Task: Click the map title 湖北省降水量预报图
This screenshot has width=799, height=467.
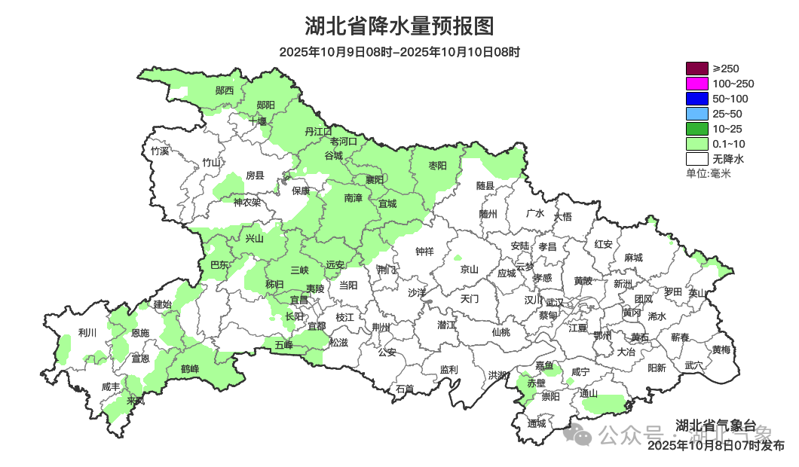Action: [399, 27]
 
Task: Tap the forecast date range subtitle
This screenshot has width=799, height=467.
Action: [399, 53]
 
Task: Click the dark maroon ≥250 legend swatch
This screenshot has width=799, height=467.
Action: [697, 69]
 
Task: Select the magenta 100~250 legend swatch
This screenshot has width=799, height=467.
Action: [697, 84]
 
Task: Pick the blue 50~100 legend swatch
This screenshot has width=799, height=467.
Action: [697, 99]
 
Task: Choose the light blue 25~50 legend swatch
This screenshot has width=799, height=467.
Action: [697, 114]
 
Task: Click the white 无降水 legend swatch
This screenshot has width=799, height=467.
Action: [697, 159]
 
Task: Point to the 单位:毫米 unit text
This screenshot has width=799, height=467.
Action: [709, 173]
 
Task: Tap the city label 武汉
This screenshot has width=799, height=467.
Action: [555, 301]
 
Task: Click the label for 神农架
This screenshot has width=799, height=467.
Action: [246, 202]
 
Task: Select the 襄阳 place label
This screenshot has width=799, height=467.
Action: [375, 179]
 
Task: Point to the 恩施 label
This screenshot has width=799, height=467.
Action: [139, 333]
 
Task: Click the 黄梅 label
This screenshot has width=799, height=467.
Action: [721, 350]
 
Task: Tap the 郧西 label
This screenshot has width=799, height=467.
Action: [225, 90]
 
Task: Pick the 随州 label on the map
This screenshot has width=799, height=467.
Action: [488, 214]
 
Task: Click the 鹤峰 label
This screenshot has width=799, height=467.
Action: [190, 369]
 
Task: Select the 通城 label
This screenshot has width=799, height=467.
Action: [537, 423]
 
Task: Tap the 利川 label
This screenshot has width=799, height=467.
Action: [87, 333]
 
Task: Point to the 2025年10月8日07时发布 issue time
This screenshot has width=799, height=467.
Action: [715, 446]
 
